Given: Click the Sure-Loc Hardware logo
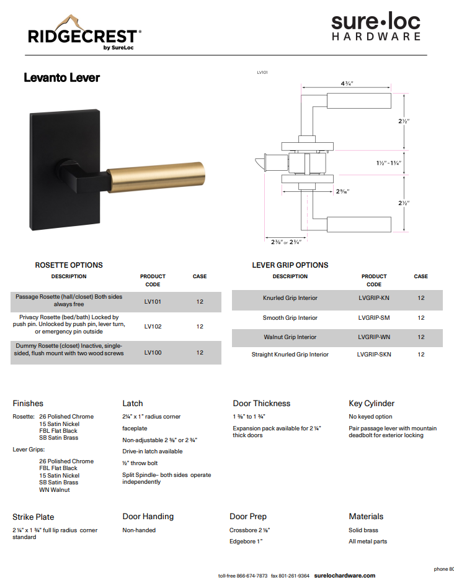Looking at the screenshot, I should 375,28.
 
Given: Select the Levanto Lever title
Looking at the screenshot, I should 61,78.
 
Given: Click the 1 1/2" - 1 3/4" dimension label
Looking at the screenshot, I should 389,163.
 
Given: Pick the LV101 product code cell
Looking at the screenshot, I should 153,301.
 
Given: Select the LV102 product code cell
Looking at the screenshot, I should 153,326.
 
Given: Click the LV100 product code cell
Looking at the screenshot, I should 153,352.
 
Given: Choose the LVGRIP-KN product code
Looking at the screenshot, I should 374,298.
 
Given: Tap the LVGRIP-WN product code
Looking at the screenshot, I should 374,337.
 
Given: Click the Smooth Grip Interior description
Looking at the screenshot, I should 290,318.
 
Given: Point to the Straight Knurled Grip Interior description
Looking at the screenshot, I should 290,355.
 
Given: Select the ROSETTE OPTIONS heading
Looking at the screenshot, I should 69,265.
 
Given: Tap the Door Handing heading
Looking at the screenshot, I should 148,517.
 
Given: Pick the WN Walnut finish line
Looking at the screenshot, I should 55,490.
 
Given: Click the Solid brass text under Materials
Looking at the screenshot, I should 363,530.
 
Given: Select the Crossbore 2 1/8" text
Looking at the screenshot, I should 249,530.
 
